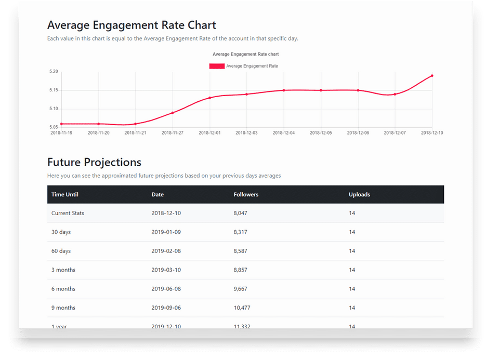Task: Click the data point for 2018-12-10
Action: pyautogui.click(x=432, y=76)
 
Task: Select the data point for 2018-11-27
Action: pyautogui.click(x=173, y=113)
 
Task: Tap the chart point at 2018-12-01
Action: pyautogui.click(x=209, y=98)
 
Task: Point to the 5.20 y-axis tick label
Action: pyautogui.click(x=54, y=72)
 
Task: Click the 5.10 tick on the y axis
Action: pyautogui.click(x=54, y=109)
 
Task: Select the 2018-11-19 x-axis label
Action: pyautogui.click(x=61, y=133)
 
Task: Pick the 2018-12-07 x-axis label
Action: pyautogui.click(x=395, y=133)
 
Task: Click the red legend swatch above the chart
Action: pyautogui.click(x=217, y=66)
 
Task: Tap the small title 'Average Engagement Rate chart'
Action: pyautogui.click(x=246, y=54)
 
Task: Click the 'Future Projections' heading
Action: pyautogui.click(x=94, y=162)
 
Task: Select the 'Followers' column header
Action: pyautogui.click(x=246, y=195)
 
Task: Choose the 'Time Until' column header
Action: pyautogui.click(x=65, y=195)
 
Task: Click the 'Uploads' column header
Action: pyautogui.click(x=359, y=195)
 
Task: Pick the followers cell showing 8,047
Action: pyautogui.click(x=241, y=213)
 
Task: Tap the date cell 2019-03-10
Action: pyautogui.click(x=166, y=270)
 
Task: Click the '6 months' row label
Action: pyautogui.click(x=63, y=289)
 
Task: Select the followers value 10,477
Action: pyautogui.click(x=242, y=308)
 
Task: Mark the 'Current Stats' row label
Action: pyautogui.click(x=68, y=213)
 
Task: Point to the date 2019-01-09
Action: pyautogui.click(x=166, y=232)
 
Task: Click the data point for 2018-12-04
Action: pyautogui.click(x=284, y=90)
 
